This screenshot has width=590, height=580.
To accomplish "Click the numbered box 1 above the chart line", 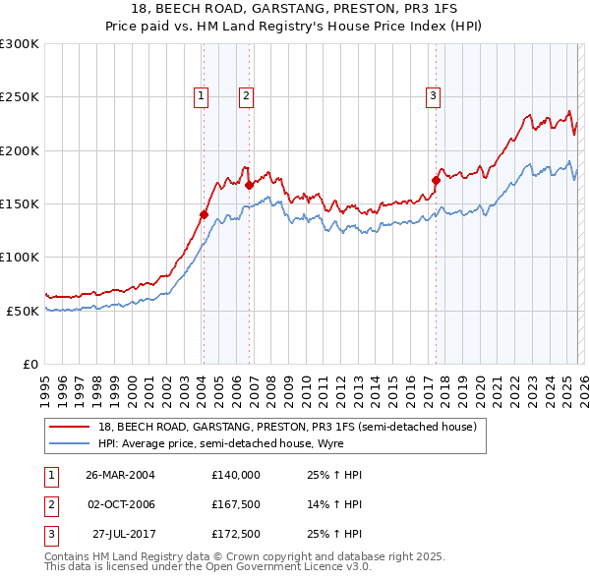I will pyautogui.click(x=201, y=95).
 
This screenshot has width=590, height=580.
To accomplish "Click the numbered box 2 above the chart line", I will pyautogui.click(x=245, y=95).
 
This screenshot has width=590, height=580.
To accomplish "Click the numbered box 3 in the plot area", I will pyautogui.click(x=433, y=95).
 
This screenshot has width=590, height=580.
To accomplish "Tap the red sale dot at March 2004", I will pyautogui.click(x=205, y=214).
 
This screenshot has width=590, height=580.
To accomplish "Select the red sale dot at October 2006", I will pyautogui.click(x=250, y=185).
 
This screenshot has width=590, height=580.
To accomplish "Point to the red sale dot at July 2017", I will pyautogui.click(x=436, y=180).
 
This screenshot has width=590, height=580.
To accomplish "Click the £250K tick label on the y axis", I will pyautogui.click(x=20, y=97).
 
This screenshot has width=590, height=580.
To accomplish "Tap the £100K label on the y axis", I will pyautogui.click(x=20, y=257).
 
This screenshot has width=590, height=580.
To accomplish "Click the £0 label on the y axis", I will pyautogui.click(x=29, y=364).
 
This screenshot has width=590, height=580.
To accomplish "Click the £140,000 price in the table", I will pyautogui.click(x=236, y=474).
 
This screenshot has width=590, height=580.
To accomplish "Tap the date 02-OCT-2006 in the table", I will pyautogui.click(x=120, y=503).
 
